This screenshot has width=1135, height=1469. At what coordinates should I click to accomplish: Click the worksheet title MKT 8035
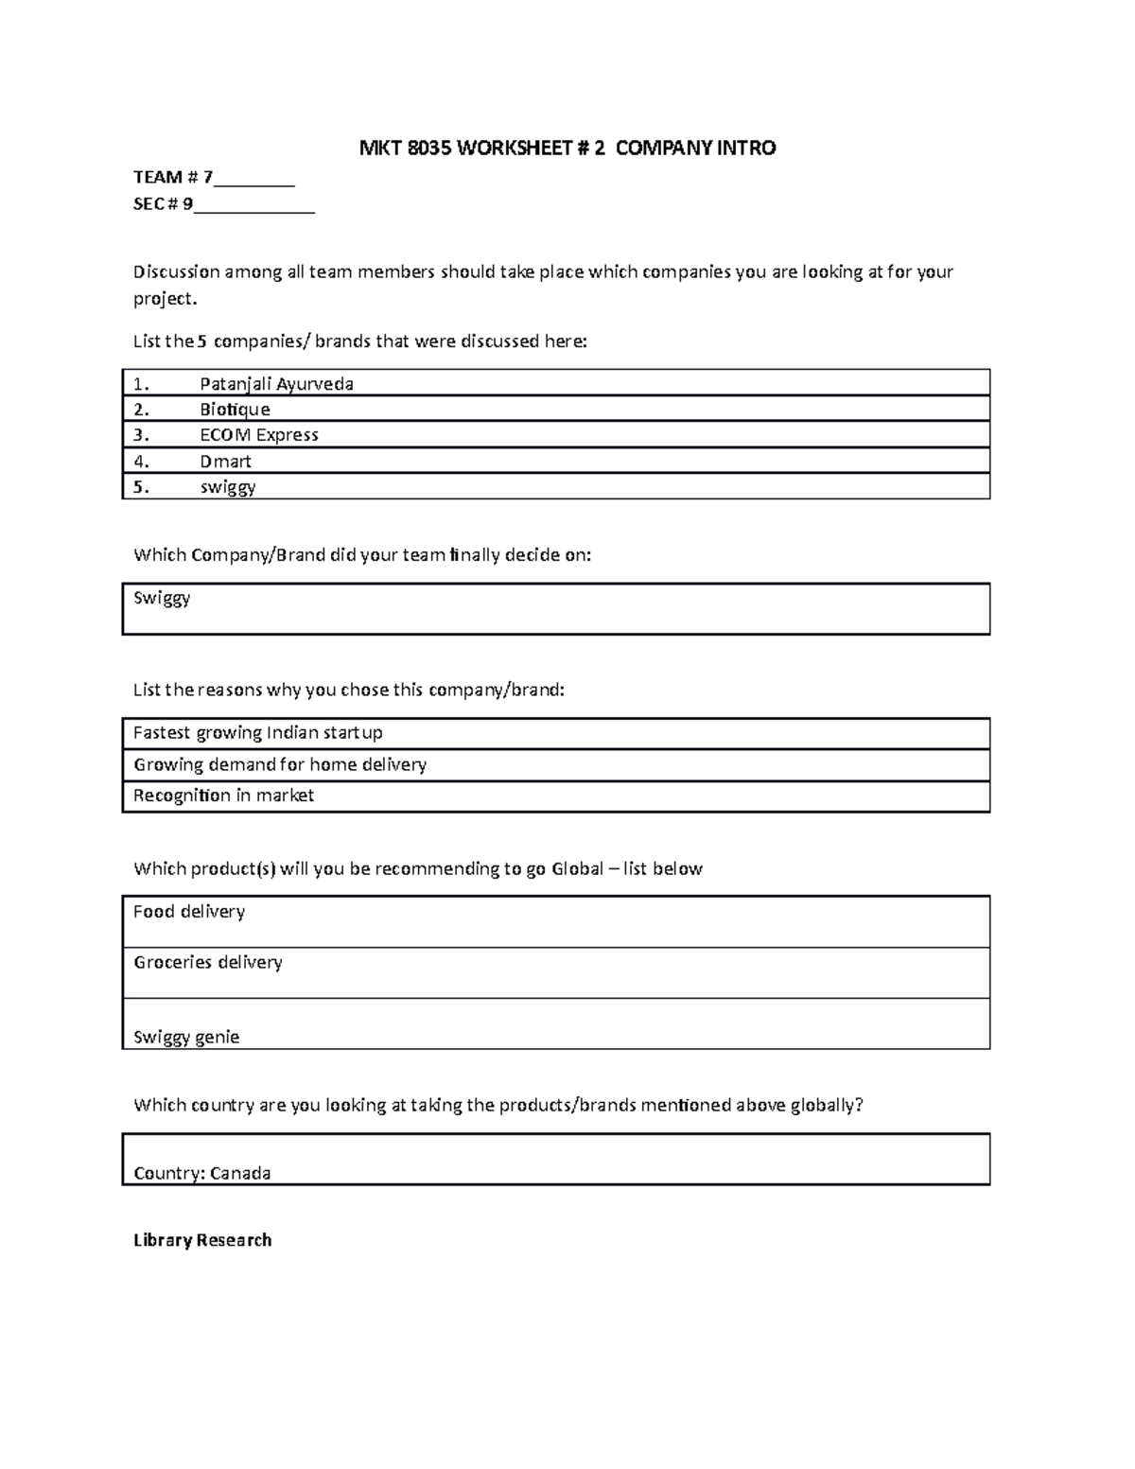(567, 148)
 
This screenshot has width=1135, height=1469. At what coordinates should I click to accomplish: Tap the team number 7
(208, 177)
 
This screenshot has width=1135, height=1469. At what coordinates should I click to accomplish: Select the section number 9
(188, 203)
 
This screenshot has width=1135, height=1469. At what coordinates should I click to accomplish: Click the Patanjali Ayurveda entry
(276, 383)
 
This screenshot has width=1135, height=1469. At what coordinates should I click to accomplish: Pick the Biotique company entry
(235, 409)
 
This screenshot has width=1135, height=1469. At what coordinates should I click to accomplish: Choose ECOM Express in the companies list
(258, 435)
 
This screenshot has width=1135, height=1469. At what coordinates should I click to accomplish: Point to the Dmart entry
(225, 461)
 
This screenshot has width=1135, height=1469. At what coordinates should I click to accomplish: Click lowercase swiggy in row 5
(227, 487)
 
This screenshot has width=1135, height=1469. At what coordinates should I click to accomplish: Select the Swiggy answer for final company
(162, 598)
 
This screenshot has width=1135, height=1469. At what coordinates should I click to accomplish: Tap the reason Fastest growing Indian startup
(257, 733)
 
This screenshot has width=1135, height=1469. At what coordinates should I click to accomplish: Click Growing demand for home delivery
(279, 764)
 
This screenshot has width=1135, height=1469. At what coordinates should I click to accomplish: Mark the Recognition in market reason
(223, 796)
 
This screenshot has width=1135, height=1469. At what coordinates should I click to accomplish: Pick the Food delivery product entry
(188, 912)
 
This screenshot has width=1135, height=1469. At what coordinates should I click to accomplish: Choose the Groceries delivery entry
(207, 962)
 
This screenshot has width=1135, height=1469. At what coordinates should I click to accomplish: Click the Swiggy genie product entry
(186, 1037)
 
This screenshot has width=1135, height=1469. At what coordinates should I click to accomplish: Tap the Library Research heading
(202, 1240)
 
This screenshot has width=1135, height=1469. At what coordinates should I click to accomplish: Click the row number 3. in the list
(141, 435)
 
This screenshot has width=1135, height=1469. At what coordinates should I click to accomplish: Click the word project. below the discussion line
(166, 299)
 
